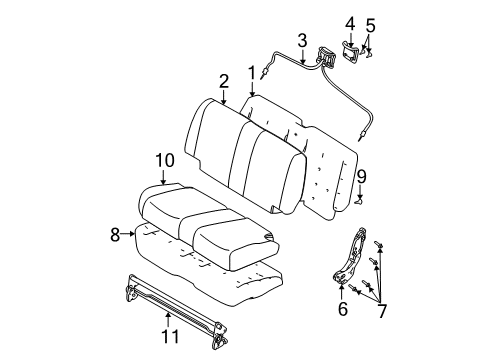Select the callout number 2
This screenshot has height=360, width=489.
click(x=224, y=80)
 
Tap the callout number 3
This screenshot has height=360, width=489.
click(x=301, y=40)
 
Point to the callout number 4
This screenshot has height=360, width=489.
click(x=350, y=23)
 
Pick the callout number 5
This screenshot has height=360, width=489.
click(x=370, y=26)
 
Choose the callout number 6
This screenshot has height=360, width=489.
click(x=343, y=309)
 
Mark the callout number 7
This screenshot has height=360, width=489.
click(x=379, y=311)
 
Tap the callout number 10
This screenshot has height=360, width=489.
click(x=164, y=159)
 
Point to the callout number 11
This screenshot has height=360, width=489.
click(x=168, y=339)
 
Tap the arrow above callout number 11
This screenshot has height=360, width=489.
click(x=168, y=320)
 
